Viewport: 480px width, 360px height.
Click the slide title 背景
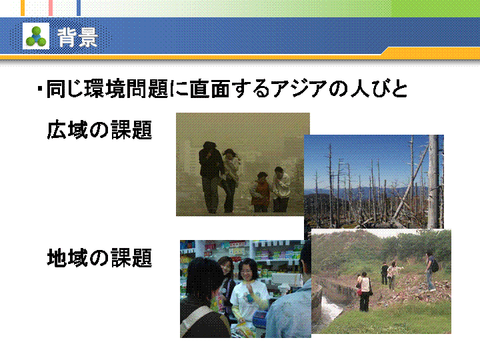(x=77, y=37)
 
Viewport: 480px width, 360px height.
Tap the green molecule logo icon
(x=36, y=36)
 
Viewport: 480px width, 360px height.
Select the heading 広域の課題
(x=99, y=130)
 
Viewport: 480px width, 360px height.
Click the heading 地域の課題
(x=99, y=258)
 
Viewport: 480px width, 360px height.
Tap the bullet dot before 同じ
(x=40, y=89)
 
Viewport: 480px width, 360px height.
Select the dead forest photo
(x=374, y=182)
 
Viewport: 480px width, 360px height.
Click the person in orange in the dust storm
(x=261, y=192)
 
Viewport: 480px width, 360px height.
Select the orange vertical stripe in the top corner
(x=23, y=8)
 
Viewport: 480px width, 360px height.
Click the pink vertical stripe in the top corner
(x=51, y=8)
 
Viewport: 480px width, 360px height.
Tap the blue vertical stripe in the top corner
(x=79, y=8)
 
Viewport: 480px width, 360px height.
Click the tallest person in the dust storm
(x=211, y=177)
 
